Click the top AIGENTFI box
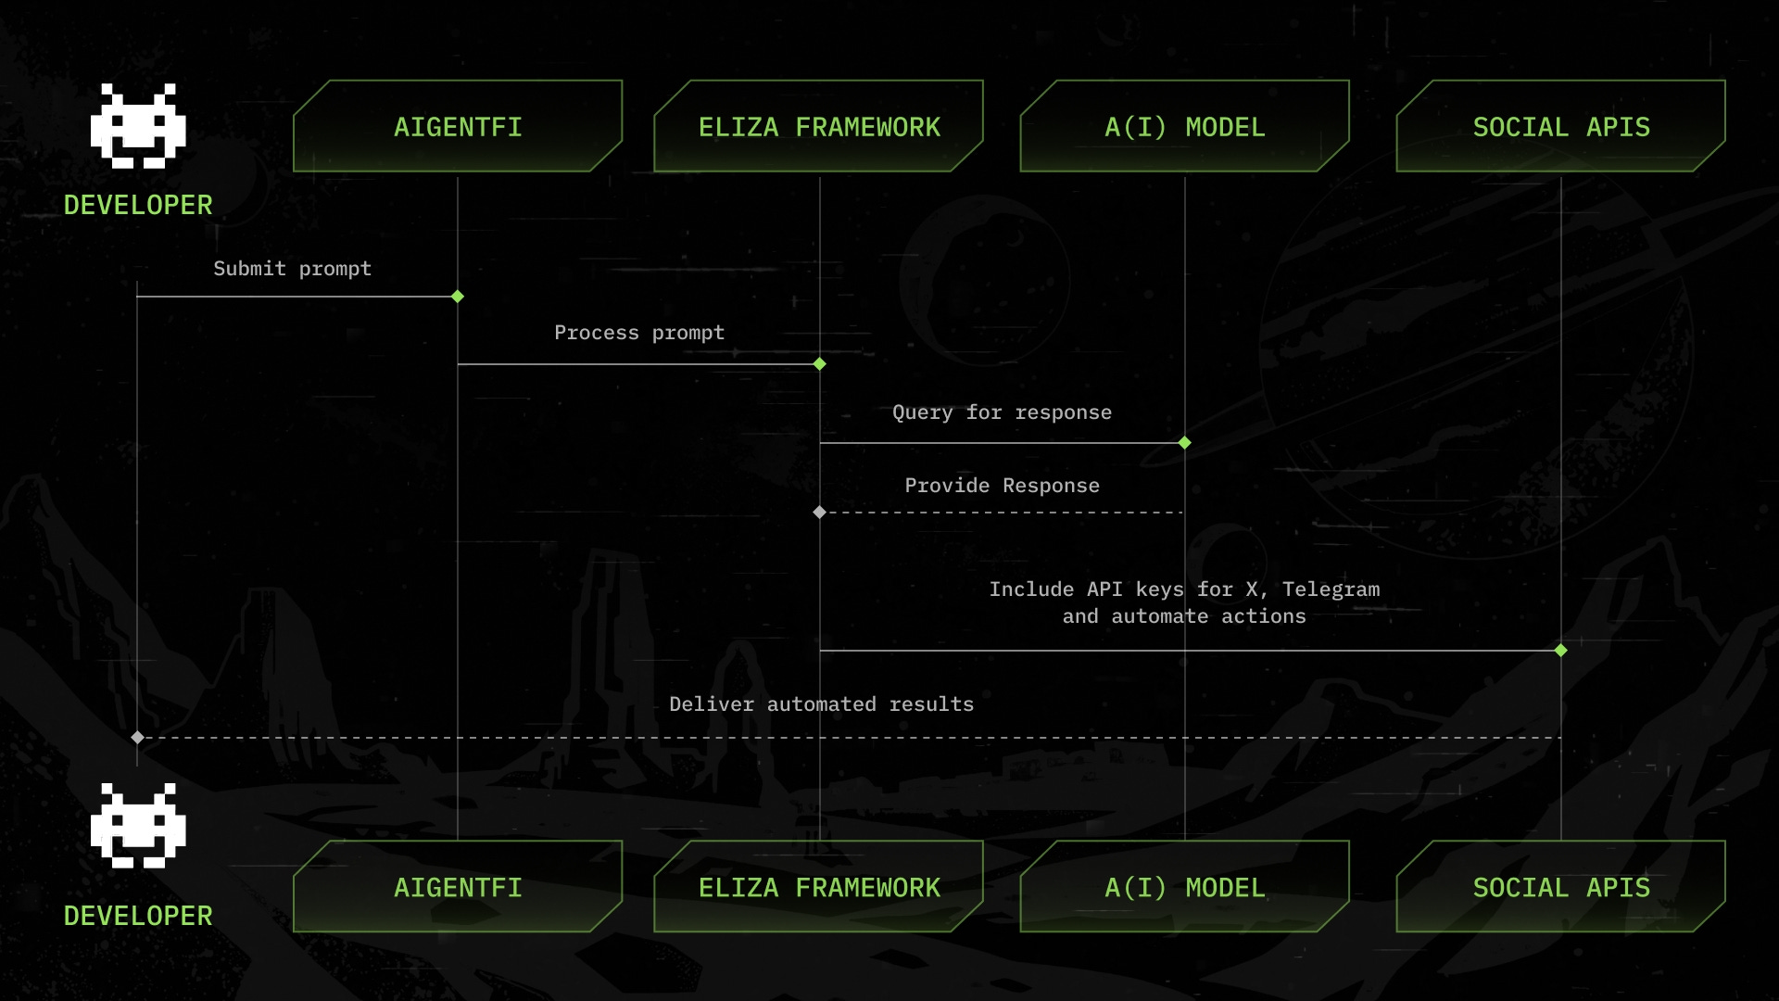click(x=458, y=127)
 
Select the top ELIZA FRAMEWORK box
click(x=819, y=127)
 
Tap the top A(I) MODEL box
click(x=1184, y=127)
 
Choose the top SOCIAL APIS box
click(x=1561, y=127)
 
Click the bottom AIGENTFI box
click(x=458, y=887)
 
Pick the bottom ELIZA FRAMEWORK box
click(x=819, y=887)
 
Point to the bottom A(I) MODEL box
click(x=1184, y=887)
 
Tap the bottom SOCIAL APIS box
click(x=1561, y=887)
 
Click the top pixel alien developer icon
click(x=138, y=126)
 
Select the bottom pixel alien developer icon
click(x=138, y=826)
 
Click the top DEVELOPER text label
click(x=138, y=205)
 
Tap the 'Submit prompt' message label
click(x=292, y=269)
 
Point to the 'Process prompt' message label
click(x=639, y=333)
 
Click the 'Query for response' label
click(x=1002, y=412)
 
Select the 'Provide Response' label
click(x=1002, y=486)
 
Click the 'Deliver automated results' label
click(x=821, y=704)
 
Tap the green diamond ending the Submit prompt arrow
click(x=458, y=297)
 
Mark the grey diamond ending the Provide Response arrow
click(x=819, y=513)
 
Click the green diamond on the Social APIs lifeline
click(x=1561, y=651)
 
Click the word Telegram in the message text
click(x=1331, y=589)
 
